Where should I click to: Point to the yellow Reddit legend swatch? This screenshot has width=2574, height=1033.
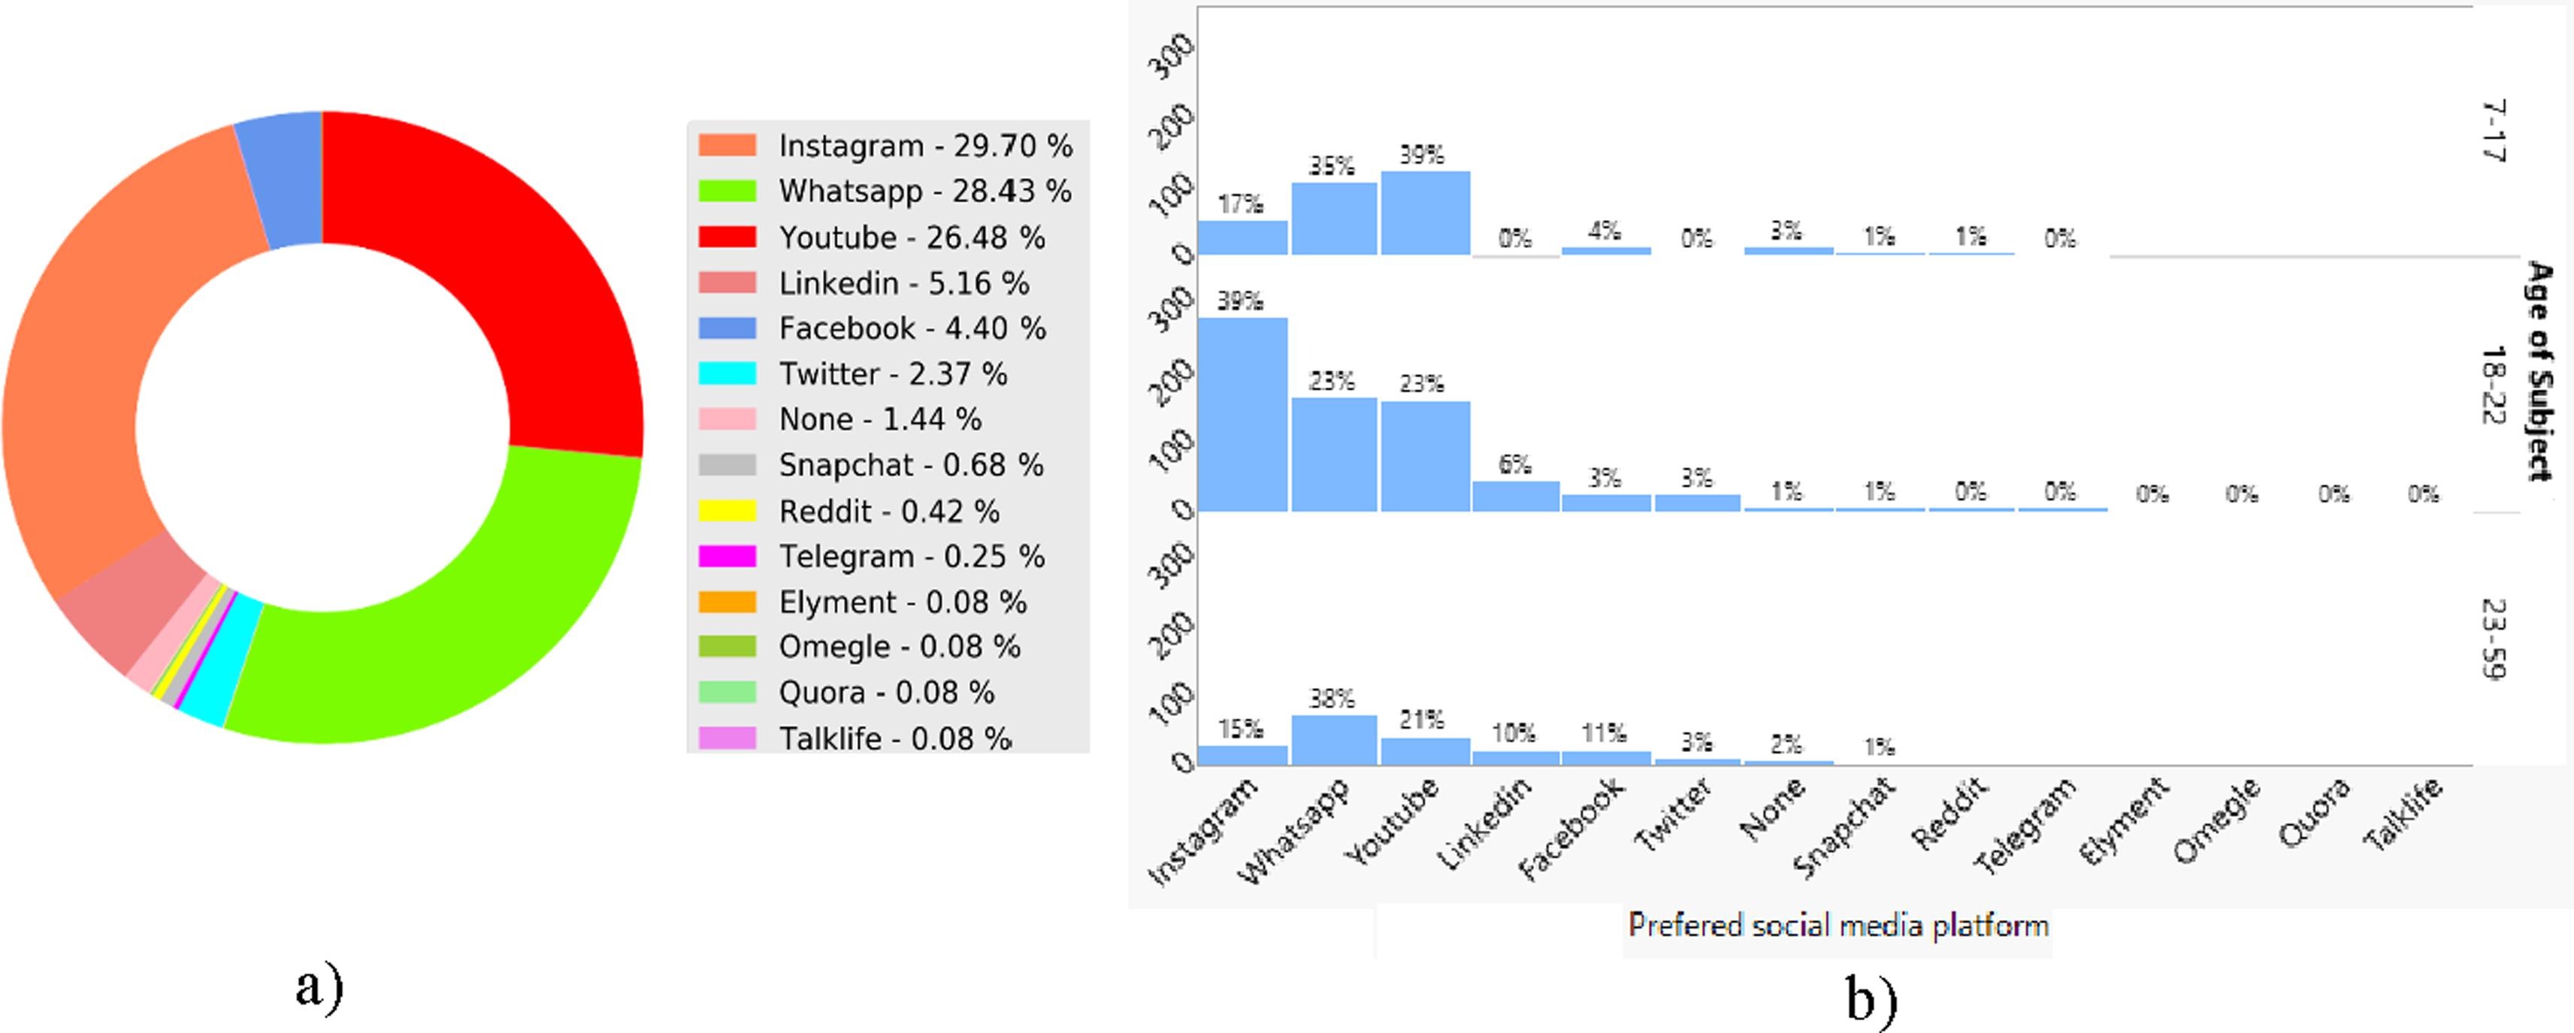(x=727, y=511)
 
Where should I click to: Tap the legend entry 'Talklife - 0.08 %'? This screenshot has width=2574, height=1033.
(x=854, y=739)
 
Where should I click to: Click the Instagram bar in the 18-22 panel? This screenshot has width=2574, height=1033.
(x=1242, y=415)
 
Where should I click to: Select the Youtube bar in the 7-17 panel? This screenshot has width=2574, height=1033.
(x=1425, y=213)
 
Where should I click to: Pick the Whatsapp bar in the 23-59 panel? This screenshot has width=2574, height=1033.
(x=1334, y=740)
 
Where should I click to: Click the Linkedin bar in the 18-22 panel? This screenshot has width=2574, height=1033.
(x=1516, y=497)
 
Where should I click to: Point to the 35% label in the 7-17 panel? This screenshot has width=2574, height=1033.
(x=1332, y=166)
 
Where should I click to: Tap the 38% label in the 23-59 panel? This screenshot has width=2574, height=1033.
(x=1332, y=699)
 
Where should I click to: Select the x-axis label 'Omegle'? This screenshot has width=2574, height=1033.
(x=2216, y=820)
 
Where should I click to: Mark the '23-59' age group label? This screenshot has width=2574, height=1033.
(x=2494, y=639)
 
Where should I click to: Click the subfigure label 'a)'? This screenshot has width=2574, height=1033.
(x=319, y=987)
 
